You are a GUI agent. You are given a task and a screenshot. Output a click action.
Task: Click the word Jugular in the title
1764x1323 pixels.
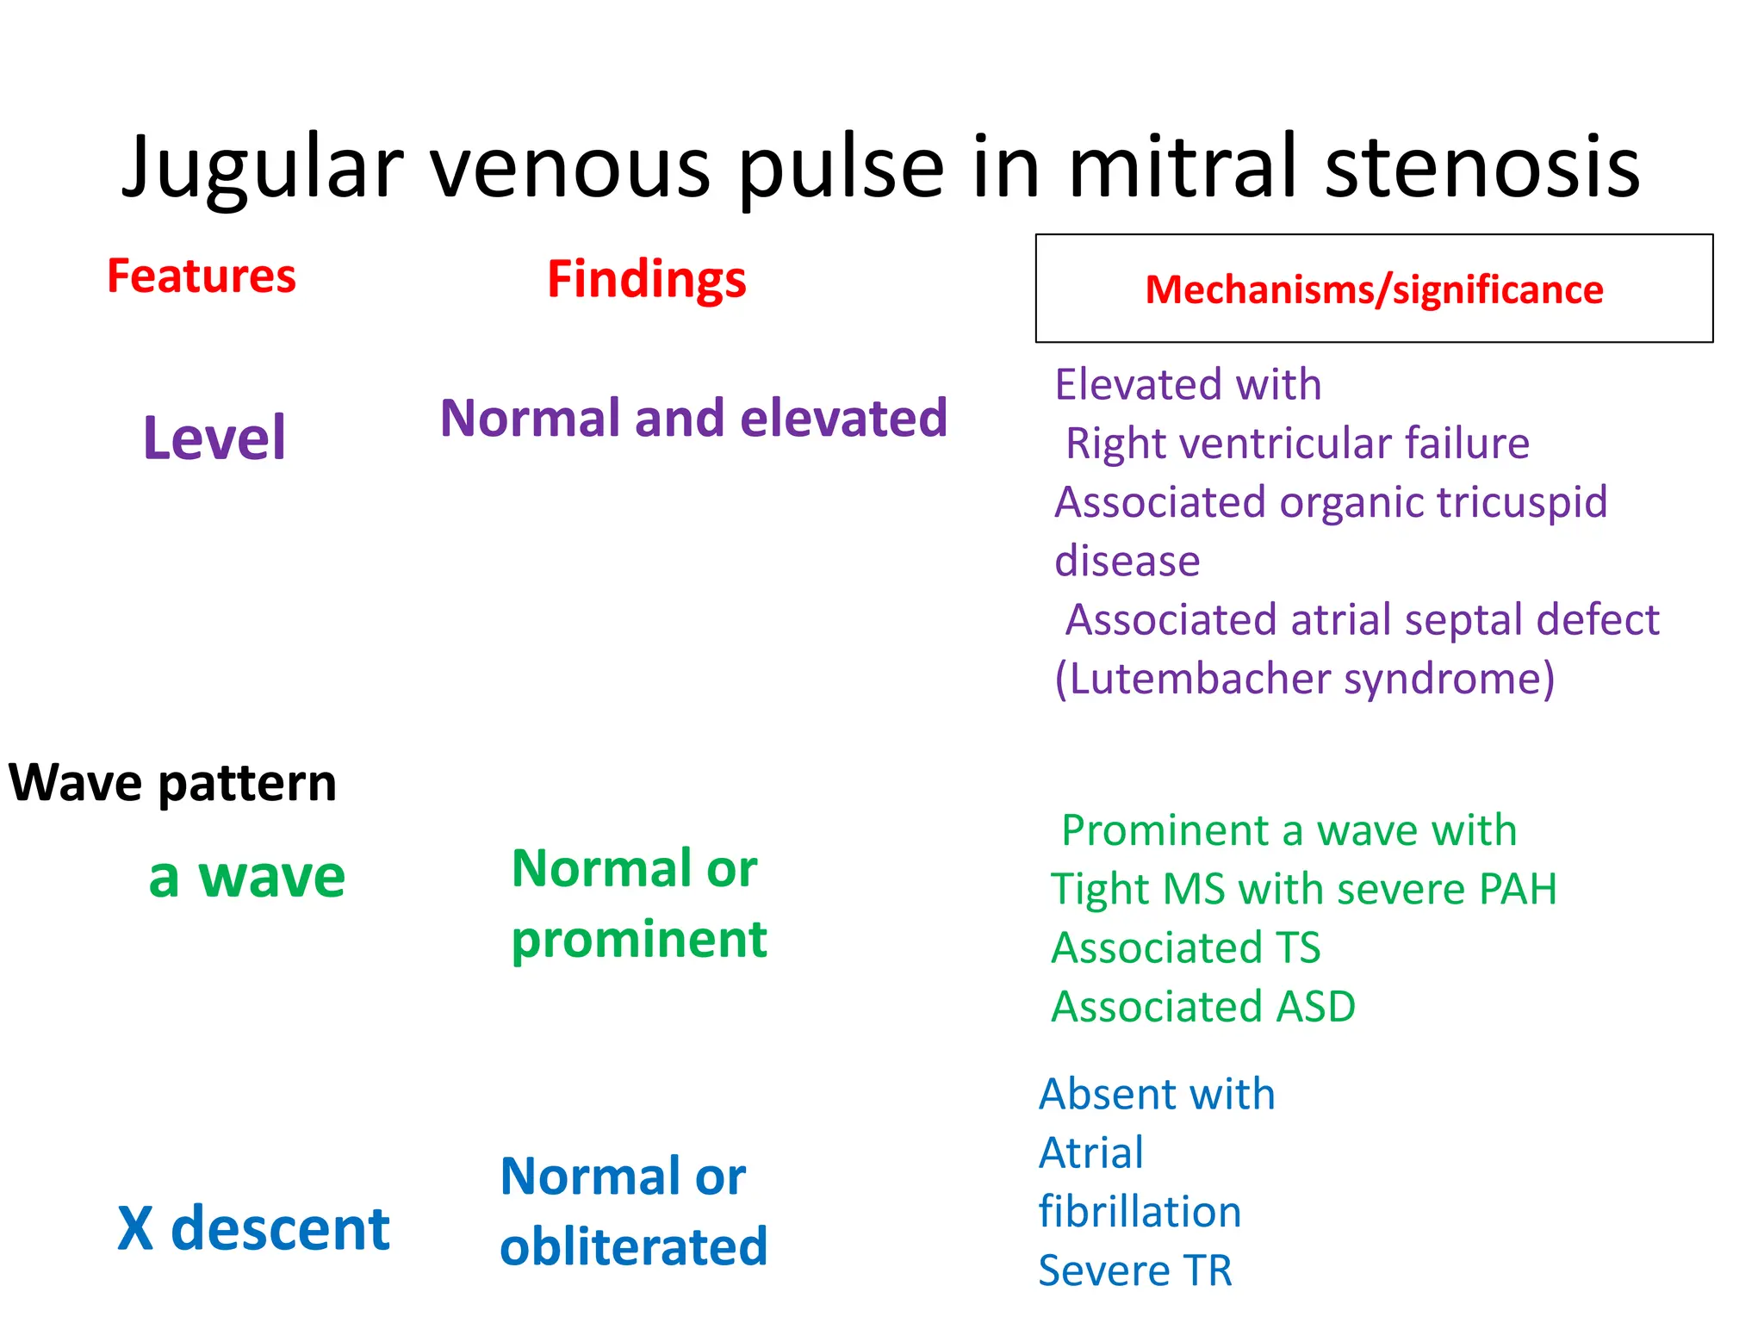263,168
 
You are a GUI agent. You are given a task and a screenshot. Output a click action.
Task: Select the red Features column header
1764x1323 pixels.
202,276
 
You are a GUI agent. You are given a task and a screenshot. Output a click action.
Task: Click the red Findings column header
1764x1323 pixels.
647,280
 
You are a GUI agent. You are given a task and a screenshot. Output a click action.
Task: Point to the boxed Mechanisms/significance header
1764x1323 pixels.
1374,289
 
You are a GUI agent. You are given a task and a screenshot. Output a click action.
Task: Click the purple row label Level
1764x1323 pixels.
214,438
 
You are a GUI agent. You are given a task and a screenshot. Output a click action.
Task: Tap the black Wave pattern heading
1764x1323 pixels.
172,783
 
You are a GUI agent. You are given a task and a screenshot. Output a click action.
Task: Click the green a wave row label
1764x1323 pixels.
247,878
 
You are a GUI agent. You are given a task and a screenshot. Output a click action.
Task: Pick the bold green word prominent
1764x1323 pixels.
638,940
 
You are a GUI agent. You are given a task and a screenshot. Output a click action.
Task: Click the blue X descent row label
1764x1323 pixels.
253,1228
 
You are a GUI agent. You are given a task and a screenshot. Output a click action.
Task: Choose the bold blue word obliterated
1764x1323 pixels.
633,1247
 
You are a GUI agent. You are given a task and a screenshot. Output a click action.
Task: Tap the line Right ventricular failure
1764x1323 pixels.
1297,444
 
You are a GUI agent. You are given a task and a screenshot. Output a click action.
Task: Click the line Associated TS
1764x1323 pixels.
1186,948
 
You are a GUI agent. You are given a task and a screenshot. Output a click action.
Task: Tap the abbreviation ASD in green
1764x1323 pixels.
1315,1007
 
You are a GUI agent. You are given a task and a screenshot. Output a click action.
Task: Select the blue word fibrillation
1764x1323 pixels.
1140,1212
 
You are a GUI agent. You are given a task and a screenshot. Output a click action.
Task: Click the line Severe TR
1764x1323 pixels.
1135,1271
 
